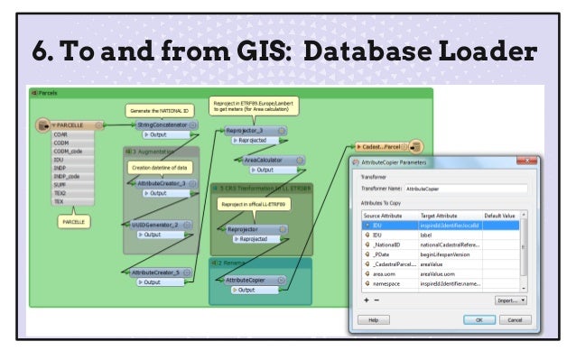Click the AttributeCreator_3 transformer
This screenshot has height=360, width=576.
pyautogui.click(x=162, y=182)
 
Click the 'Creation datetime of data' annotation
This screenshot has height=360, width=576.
pyautogui.click(x=159, y=168)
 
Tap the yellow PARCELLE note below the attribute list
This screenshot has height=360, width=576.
pyautogui.click(x=73, y=220)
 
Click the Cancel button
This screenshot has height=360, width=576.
pyautogui.click(x=513, y=318)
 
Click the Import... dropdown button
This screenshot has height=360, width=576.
pyautogui.click(x=511, y=300)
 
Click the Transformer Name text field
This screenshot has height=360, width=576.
pyautogui.click(x=466, y=189)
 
